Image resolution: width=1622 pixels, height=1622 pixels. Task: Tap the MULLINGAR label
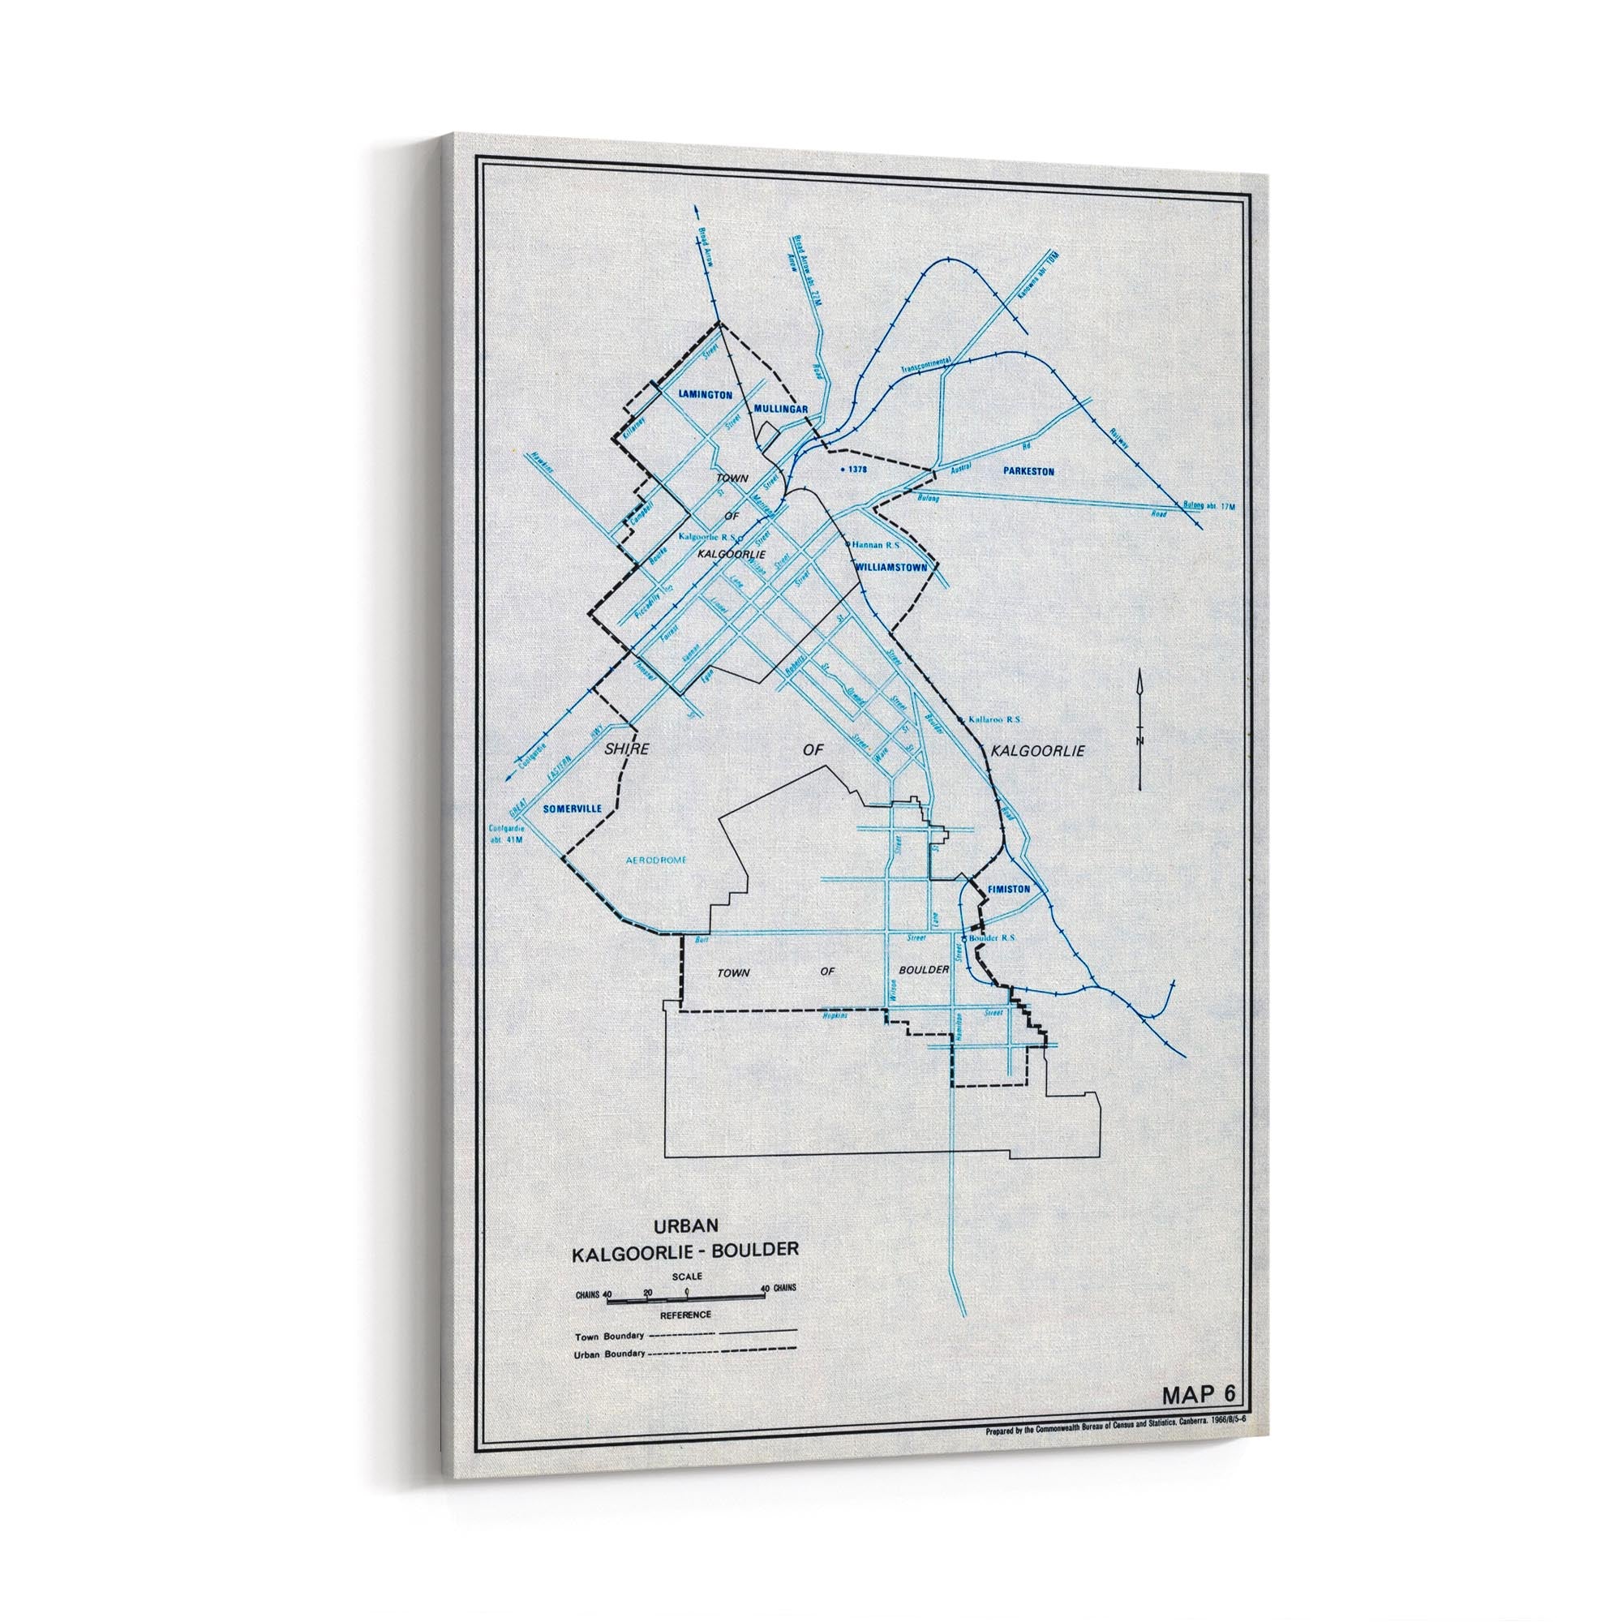(x=780, y=409)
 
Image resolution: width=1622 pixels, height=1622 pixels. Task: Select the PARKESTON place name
(x=1028, y=472)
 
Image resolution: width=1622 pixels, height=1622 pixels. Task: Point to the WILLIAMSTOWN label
(x=891, y=568)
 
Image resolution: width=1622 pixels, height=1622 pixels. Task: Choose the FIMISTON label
(x=1009, y=889)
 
